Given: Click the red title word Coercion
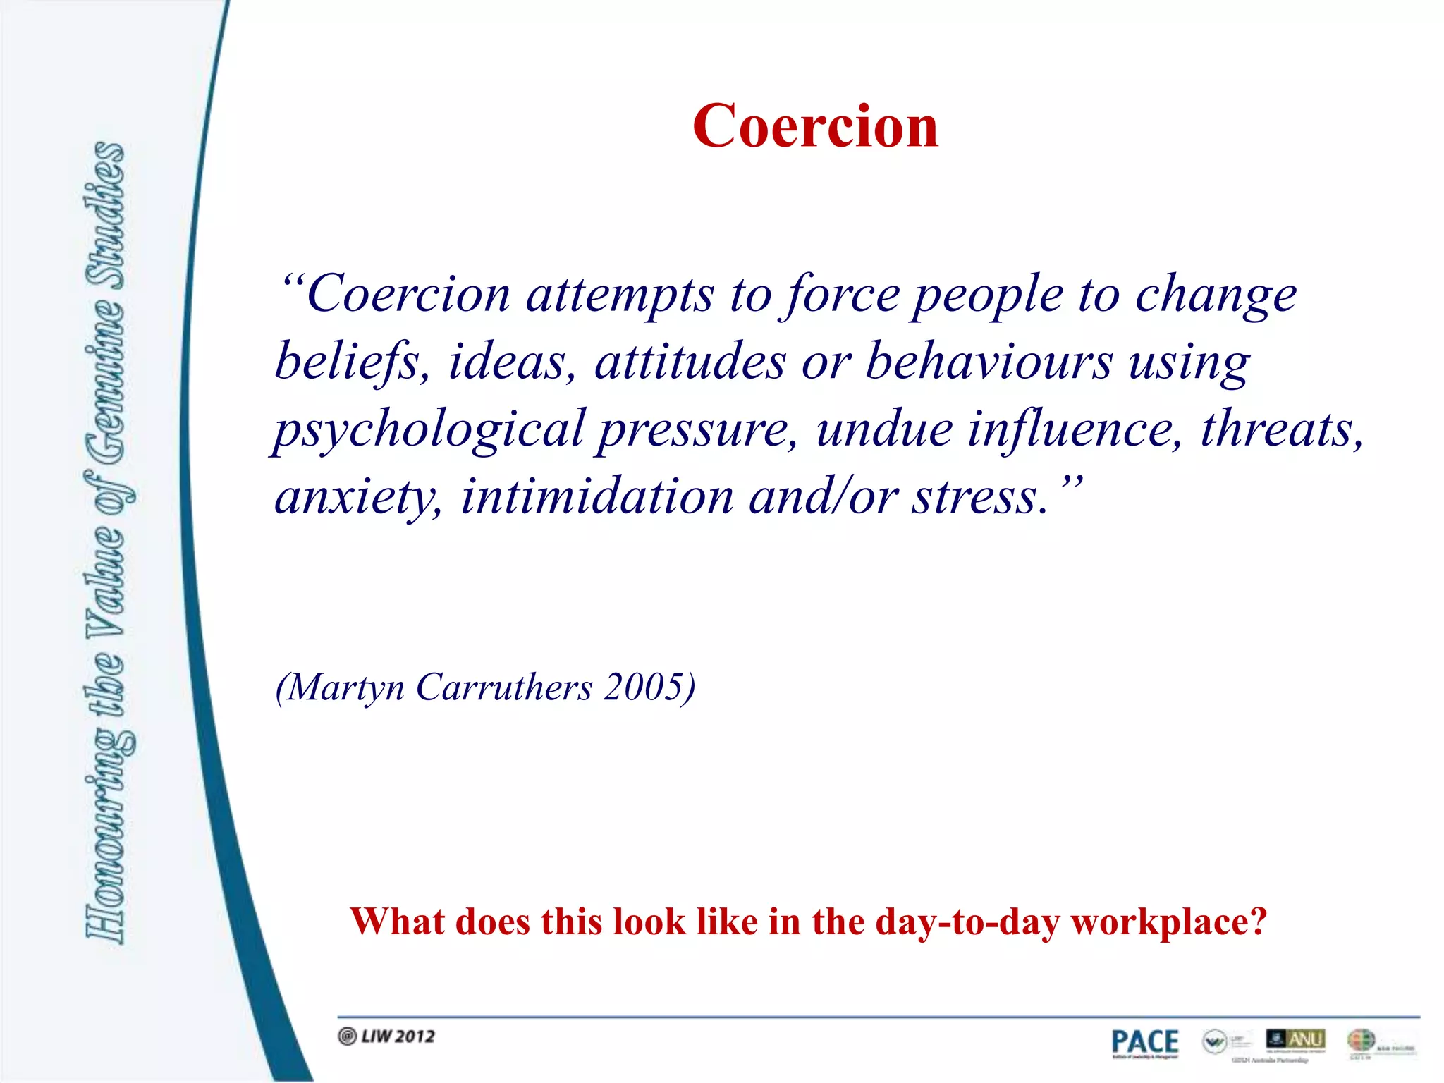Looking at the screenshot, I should coord(815,126).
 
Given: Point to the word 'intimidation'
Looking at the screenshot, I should coord(597,496).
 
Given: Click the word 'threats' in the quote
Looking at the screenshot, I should coord(1280,429).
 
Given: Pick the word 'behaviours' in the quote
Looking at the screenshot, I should coord(989,362).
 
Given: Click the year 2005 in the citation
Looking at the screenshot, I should coord(644,687).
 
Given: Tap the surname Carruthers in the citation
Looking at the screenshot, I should coord(504,687).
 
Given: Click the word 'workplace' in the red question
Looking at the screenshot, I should coord(1168,922).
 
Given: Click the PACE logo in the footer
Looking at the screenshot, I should coord(1144,1043).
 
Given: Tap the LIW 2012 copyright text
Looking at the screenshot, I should coord(387,1036).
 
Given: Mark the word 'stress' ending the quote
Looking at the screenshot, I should coord(974,496).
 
